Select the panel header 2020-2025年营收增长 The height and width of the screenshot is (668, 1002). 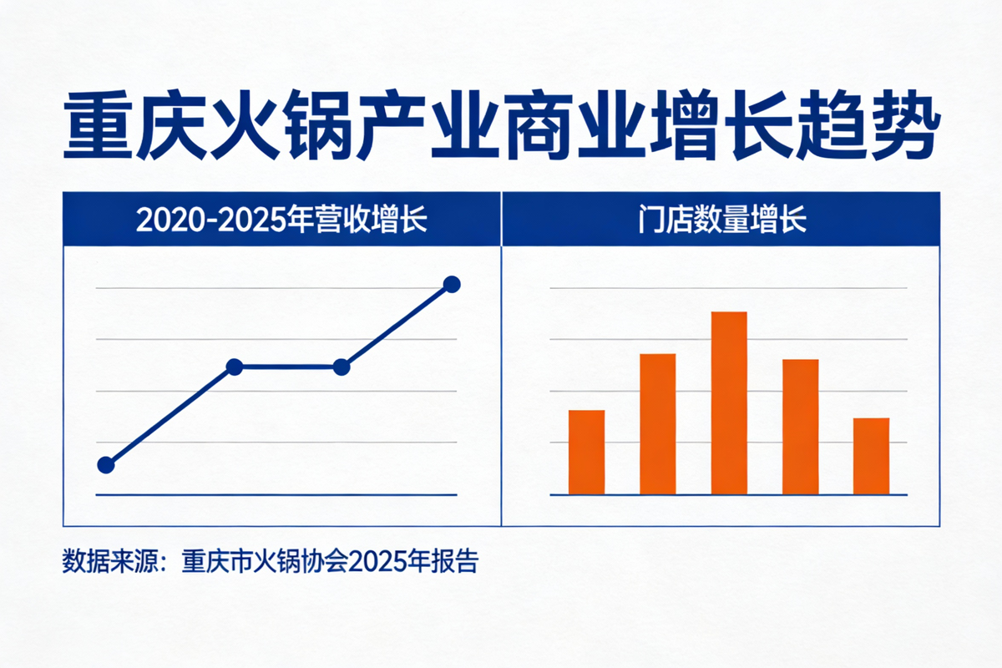pos(281,220)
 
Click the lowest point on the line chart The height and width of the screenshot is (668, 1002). pos(106,465)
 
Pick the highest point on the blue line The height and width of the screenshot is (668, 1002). pos(452,284)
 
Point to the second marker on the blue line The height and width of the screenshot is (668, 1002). pos(235,367)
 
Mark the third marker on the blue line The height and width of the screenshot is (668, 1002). pos(341,367)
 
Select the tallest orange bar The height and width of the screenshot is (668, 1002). pos(729,402)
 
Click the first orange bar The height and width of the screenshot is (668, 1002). pos(586,452)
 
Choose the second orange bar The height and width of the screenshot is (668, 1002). pos(657,424)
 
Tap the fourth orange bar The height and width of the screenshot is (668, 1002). pos(800,427)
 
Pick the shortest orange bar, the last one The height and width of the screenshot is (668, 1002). pos(871,456)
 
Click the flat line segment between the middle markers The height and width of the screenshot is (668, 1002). pos(287,367)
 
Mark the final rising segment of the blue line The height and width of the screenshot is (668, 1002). pos(397,325)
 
